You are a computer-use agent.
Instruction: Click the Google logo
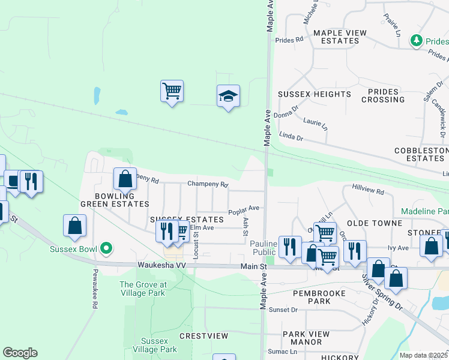[x=20, y=353]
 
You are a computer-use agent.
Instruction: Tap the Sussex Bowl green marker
[x=106, y=247]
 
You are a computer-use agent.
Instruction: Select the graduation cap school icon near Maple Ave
[x=228, y=96]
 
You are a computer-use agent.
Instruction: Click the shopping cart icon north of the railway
[x=172, y=91]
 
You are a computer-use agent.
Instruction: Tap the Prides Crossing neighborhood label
[x=383, y=95]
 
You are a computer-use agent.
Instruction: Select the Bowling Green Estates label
[x=114, y=200]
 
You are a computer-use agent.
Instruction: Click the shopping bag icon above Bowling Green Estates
[x=125, y=178]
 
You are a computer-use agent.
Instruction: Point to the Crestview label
[x=204, y=336]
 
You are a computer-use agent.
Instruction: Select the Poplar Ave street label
[x=244, y=209]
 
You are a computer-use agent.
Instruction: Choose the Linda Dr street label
[x=292, y=138]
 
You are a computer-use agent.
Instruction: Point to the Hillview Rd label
[x=368, y=190]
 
